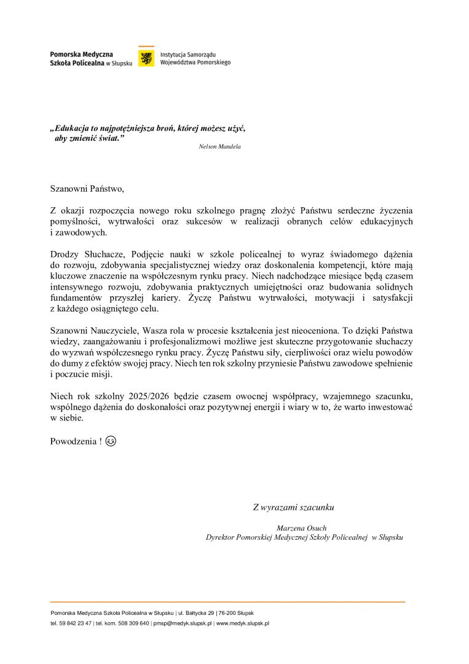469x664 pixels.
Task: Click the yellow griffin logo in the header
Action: click(x=146, y=58)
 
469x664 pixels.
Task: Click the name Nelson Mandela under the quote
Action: click(x=220, y=147)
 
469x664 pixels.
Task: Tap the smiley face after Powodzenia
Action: click(x=111, y=441)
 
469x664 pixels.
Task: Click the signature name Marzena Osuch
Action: click(x=302, y=528)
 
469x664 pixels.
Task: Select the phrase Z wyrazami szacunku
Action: click(x=293, y=507)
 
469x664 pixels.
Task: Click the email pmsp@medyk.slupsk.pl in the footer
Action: click(x=183, y=623)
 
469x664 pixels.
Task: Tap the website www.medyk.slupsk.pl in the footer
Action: click(x=243, y=623)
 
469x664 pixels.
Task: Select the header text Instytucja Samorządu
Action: click(x=184, y=55)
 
